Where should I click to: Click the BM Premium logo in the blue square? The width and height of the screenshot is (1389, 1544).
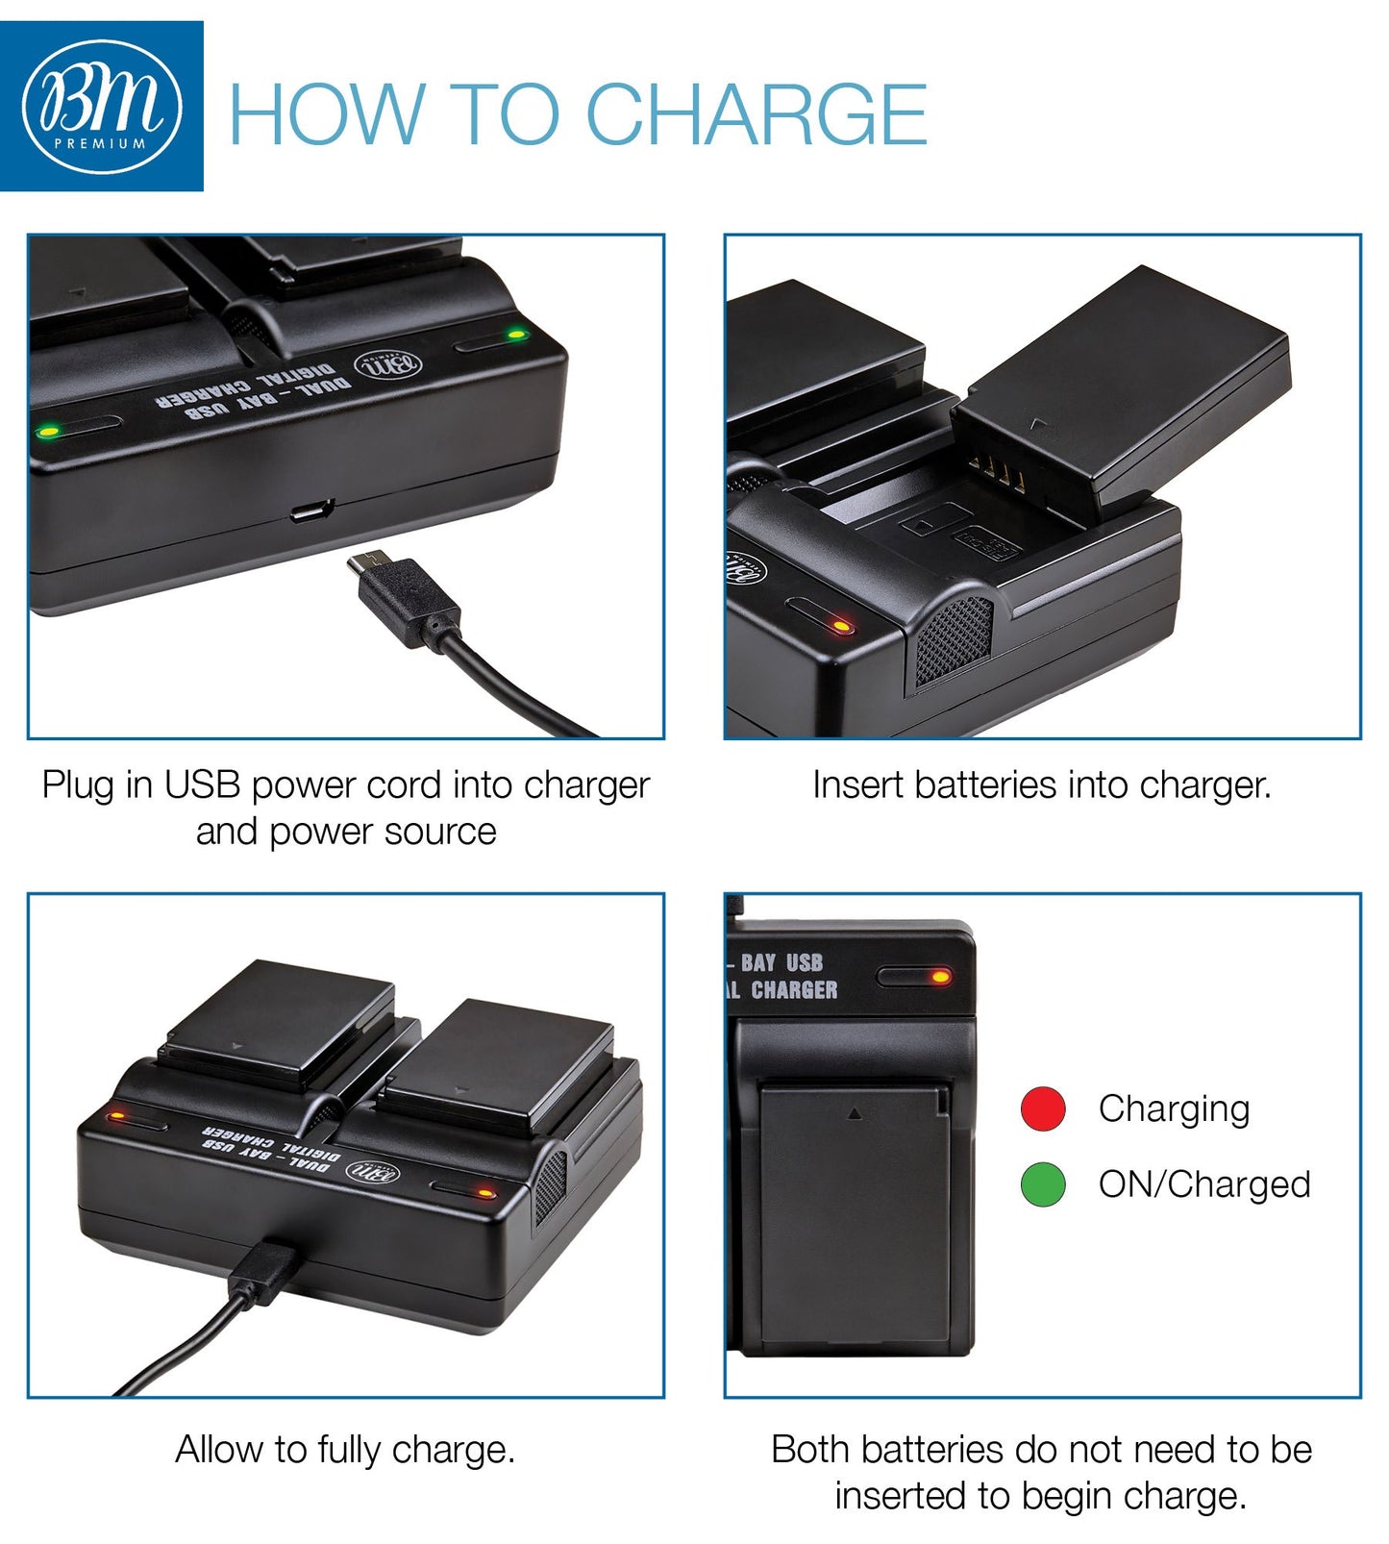pyautogui.click(x=102, y=106)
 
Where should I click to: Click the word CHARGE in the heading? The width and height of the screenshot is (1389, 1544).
pyautogui.click(x=756, y=114)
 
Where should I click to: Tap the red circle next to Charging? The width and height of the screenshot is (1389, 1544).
pyautogui.click(x=1043, y=1108)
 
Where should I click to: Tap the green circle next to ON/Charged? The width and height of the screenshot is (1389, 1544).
pyautogui.click(x=1043, y=1184)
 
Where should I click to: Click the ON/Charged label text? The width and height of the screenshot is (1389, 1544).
pyautogui.click(x=1204, y=1185)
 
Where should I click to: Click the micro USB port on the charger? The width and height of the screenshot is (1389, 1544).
pyautogui.click(x=311, y=511)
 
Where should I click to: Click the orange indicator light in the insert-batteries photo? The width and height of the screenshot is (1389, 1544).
pyautogui.click(x=841, y=627)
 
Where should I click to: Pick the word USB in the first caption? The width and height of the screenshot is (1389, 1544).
pyautogui.click(x=202, y=784)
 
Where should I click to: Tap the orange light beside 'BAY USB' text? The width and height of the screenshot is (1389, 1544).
pyautogui.click(x=940, y=977)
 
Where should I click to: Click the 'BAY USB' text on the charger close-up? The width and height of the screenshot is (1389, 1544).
pyautogui.click(x=781, y=962)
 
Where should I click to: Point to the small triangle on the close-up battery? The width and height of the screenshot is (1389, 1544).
pyautogui.click(x=855, y=1113)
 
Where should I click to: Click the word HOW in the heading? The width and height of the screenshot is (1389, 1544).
pyautogui.click(x=327, y=114)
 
